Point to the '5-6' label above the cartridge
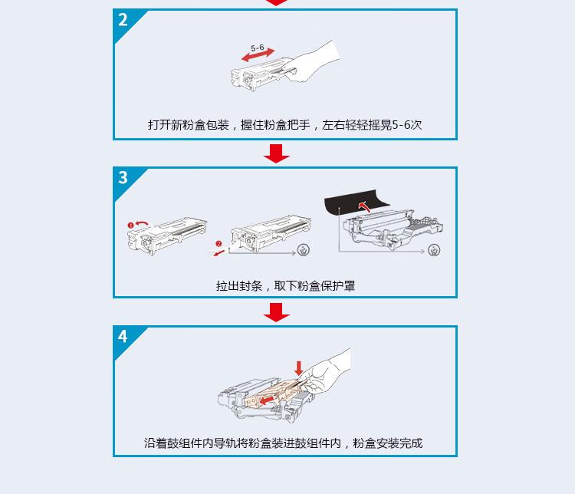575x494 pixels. (x=258, y=48)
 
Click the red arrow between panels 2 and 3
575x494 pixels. (x=276, y=154)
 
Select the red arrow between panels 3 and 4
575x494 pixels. (x=276, y=312)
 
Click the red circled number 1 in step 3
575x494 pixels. (x=131, y=224)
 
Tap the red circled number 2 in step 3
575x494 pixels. (x=218, y=244)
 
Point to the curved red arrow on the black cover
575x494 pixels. (x=366, y=205)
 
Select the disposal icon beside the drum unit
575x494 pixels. (x=434, y=251)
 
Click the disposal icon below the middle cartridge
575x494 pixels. (x=304, y=250)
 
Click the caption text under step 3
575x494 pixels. (x=285, y=286)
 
